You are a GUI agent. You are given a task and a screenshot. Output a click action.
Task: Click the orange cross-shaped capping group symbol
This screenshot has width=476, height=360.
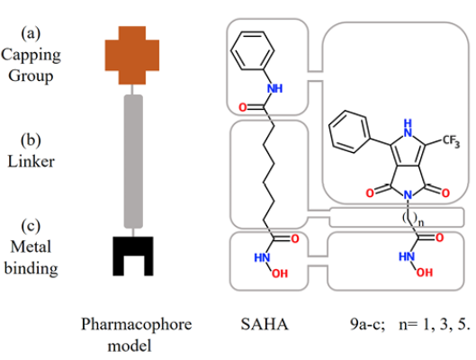click(132, 55)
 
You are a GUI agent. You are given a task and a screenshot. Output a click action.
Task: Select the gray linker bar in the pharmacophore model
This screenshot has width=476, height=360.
click(133, 161)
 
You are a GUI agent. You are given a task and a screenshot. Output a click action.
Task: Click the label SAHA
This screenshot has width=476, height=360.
click(265, 324)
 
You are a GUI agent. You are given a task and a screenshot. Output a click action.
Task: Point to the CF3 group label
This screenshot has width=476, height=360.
click(451, 141)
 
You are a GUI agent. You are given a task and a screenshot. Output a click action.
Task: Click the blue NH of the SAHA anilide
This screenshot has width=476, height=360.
click(274, 88)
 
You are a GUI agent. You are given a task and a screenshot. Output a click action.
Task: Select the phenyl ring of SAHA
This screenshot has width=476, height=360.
click(252, 50)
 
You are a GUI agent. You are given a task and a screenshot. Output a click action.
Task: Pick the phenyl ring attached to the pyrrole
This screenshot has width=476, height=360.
click(350, 131)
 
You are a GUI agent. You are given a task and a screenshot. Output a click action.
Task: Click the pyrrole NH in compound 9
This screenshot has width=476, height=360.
click(409, 128)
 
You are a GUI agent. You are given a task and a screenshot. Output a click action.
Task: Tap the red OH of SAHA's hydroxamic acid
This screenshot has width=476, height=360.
click(280, 274)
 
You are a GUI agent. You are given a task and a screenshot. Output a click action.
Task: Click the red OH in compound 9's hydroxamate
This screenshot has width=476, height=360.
click(425, 273)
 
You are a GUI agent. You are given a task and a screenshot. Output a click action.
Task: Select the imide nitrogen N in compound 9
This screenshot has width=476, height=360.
click(409, 195)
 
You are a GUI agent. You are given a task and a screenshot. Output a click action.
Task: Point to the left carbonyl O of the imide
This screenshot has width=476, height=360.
click(370, 193)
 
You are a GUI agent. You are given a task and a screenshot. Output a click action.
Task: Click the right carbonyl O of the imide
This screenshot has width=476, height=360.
click(445, 193)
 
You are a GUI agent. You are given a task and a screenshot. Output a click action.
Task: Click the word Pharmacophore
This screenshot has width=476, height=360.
click(136, 325)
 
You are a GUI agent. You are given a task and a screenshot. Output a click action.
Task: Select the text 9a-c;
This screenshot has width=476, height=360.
click(367, 325)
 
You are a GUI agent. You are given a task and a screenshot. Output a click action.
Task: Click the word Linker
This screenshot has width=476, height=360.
click(31, 161)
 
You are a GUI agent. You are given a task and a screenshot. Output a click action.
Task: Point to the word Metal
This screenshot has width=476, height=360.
click(31, 247)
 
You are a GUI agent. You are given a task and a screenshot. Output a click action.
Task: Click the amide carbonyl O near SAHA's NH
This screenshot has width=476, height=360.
click(243, 107)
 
